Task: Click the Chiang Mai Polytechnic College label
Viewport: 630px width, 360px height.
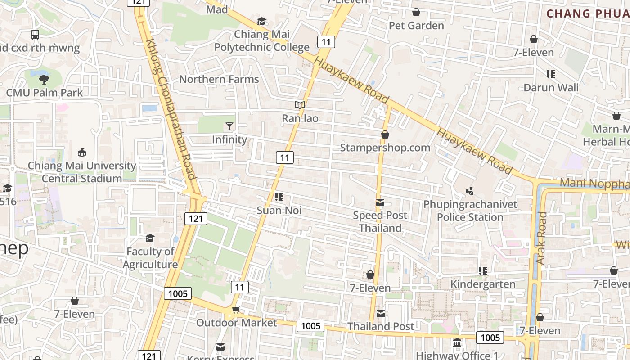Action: tap(261, 40)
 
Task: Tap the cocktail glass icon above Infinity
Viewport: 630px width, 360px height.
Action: tap(229, 126)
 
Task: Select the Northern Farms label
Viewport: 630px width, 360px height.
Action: tap(219, 79)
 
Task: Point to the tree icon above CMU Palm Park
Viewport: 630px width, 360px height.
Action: tap(44, 80)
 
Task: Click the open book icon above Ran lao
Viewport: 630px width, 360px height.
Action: tap(300, 105)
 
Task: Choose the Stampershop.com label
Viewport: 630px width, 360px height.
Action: tap(385, 148)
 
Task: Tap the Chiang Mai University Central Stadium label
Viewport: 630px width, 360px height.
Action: tap(82, 172)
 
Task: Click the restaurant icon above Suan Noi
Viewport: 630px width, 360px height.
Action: tap(279, 197)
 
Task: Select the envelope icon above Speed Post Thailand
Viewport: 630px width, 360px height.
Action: tap(380, 202)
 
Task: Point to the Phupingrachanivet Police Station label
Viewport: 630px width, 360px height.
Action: tap(470, 211)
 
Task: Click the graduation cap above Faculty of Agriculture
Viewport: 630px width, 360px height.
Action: tap(150, 238)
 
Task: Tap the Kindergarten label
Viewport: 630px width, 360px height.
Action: tap(483, 284)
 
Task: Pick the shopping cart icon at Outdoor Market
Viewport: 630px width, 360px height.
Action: tap(236, 310)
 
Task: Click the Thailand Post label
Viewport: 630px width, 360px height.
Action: tap(381, 326)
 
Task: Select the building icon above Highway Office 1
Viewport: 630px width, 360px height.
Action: tap(457, 343)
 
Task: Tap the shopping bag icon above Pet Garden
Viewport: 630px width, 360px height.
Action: tap(416, 12)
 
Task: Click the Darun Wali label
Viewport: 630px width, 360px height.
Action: tap(551, 87)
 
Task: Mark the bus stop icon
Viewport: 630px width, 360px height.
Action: tap(35, 34)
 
